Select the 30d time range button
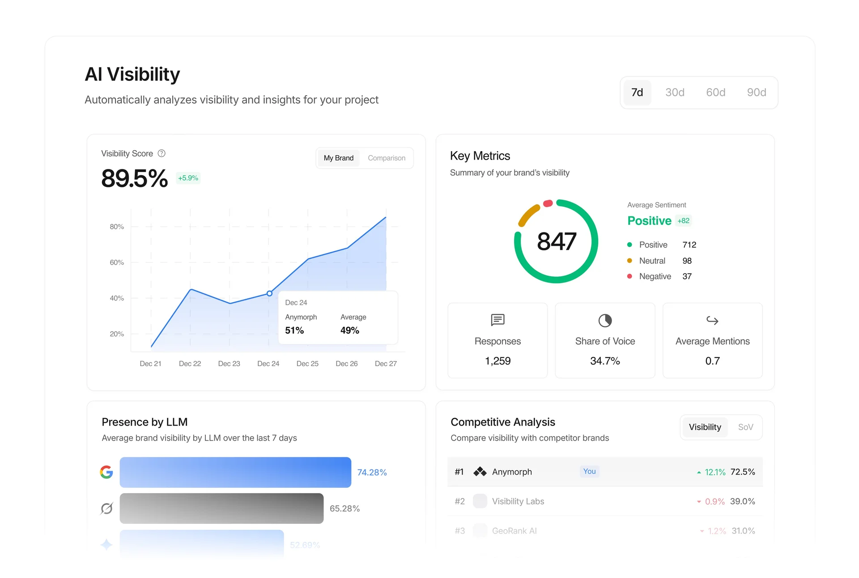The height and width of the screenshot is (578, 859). (x=675, y=93)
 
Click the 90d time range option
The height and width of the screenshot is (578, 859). (x=756, y=93)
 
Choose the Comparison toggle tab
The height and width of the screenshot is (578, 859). (x=387, y=158)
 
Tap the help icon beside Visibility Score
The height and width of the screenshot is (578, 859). (x=162, y=153)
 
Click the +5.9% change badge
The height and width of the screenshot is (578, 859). (x=188, y=178)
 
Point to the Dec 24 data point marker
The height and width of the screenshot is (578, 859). (x=269, y=294)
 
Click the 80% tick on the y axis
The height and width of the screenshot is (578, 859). (x=117, y=227)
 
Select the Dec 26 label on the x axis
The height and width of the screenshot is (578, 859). (x=346, y=364)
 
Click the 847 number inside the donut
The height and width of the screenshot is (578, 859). (x=556, y=242)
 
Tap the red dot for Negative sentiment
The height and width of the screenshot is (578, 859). (x=629, y=276)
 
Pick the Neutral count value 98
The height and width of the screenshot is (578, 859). (x=687, y=261)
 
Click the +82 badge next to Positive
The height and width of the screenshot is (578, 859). (x=683, y=221)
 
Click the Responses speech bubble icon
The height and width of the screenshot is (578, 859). (x=498, y=320)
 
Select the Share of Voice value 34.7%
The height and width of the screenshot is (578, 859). (x=605, y=361)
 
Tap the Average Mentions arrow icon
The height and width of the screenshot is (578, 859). (x=712, y=321)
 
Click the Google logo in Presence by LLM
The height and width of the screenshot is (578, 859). (x=106, y=472)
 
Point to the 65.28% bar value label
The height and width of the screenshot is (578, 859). (x=344, y=509)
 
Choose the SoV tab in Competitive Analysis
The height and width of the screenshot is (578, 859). (x=745, y=427)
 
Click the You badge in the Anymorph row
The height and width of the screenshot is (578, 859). (x=589, y=472)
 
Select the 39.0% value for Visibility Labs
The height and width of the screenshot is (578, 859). (x=742, y=502)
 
